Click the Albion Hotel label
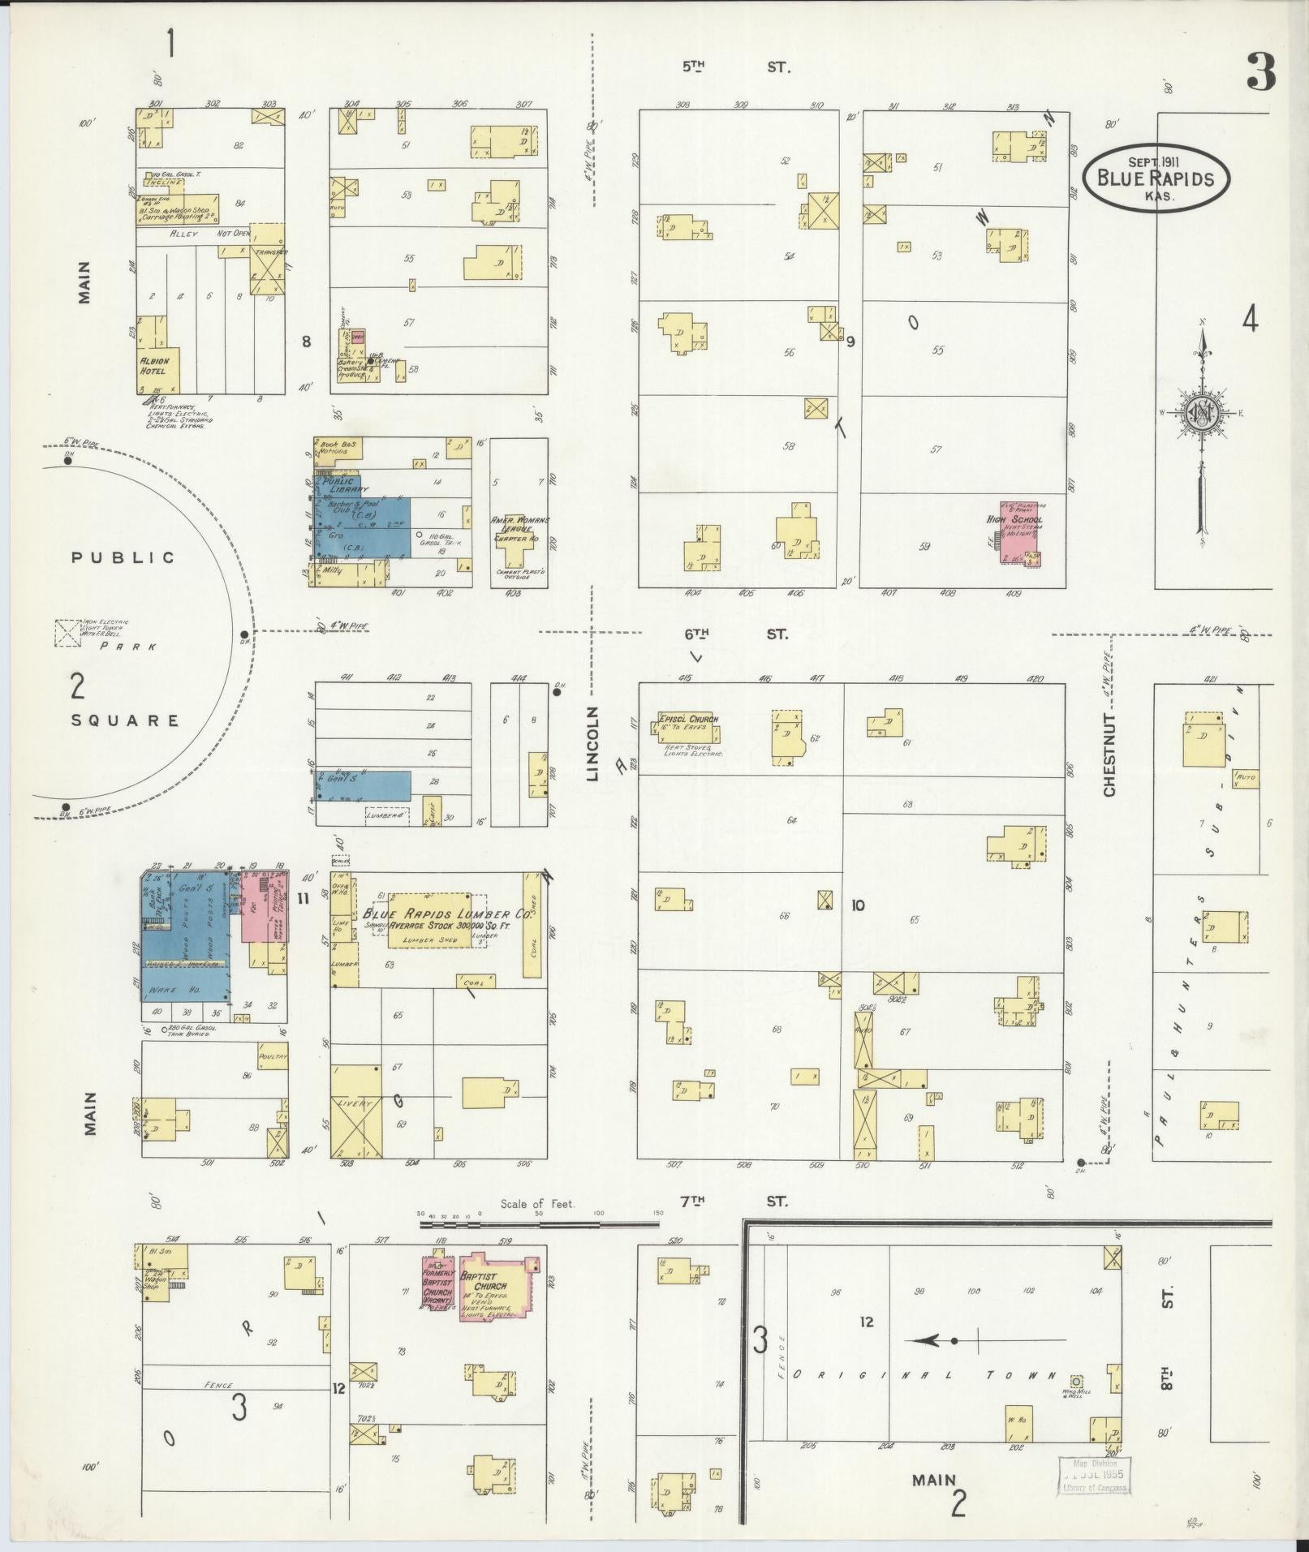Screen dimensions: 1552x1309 pos(153,366)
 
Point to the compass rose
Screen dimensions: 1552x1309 pos(1200,413)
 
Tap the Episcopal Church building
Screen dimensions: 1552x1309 pos(686,728)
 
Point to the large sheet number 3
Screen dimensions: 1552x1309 pos(1259,73)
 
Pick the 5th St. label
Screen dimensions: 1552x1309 pos(734,67)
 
